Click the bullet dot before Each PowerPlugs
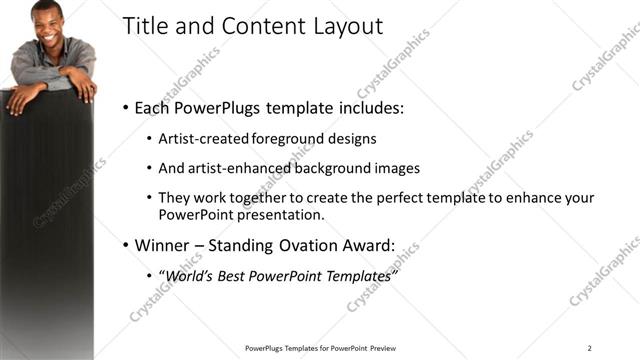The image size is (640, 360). point(125,108)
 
